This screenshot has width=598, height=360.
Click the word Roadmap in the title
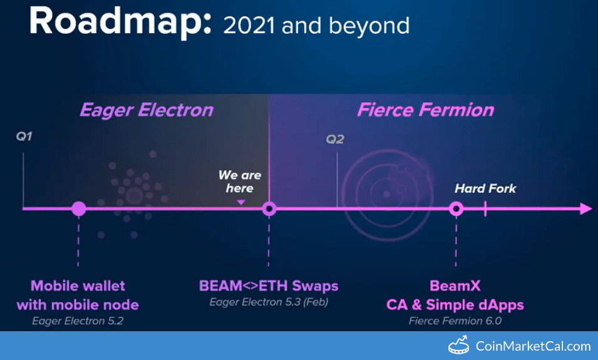tap(120, 22)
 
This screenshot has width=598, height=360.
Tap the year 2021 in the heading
tap(249, 26)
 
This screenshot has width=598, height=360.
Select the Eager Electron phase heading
tap(147, 110)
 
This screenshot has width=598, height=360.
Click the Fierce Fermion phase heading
tap(426, 110)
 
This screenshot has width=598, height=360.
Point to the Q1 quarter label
tap(24, 136)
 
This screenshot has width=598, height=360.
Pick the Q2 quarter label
tap(335, 139)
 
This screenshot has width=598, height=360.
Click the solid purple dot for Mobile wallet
tap(78, 208)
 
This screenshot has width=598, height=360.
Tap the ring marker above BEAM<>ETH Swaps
tap(269, 208)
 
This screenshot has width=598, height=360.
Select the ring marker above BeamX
tap(456, 208)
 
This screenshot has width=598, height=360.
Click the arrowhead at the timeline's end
tap(586, 208)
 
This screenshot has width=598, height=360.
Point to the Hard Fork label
tap(485, 188)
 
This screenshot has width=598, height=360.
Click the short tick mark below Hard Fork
tap(485, 208)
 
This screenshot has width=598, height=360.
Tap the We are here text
tap(239, 182)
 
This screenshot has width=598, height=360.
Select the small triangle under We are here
tap(240, 202)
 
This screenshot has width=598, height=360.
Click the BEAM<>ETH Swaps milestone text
tap(269, 286)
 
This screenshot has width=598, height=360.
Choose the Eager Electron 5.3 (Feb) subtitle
tap(269, 302)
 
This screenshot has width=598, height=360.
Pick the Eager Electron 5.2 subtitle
tap(78, 321)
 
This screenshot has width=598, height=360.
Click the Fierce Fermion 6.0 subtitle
tap(455, 321)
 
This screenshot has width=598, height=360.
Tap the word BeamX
tap(455, 286)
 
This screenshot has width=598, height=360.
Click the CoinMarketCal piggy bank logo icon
tap(458, 345)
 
